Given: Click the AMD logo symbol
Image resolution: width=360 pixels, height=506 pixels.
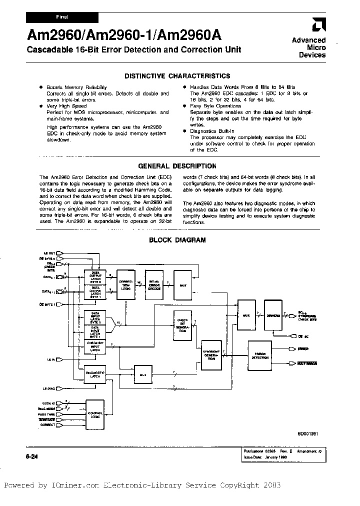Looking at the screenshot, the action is pos(317,25).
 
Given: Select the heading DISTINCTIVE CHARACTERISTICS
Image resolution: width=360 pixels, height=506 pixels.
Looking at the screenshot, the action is pos(177,76).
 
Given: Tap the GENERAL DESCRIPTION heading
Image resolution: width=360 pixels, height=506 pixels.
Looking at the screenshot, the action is pos(177,166).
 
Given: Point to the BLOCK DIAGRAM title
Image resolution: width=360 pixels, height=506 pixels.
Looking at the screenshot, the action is pos(177,240).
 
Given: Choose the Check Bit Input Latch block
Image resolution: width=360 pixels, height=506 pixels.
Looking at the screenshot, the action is pos(95,346).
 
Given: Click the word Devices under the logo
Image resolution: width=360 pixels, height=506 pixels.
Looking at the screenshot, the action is pos(312,55).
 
